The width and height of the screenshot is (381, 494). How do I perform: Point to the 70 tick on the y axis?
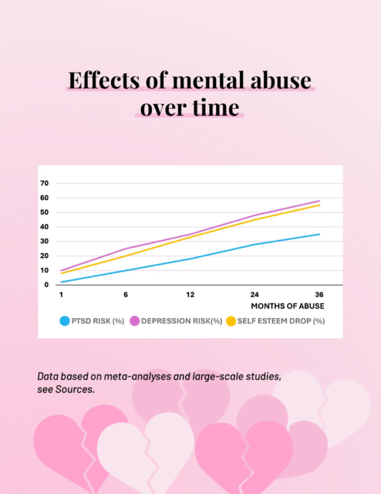44,184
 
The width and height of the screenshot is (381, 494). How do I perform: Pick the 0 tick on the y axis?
46,285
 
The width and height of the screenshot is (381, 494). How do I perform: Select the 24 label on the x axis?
255,295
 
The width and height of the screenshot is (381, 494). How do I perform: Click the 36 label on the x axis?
319,295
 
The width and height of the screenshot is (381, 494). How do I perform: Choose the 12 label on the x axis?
190,295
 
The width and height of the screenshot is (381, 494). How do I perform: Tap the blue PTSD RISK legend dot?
65,321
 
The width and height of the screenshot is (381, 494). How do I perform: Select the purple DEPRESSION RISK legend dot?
133,321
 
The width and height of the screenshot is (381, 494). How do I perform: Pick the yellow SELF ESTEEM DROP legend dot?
231,321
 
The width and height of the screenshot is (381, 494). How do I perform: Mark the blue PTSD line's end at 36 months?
319,234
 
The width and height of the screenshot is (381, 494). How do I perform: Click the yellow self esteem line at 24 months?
255,220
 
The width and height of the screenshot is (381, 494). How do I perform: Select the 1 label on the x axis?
61,295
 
